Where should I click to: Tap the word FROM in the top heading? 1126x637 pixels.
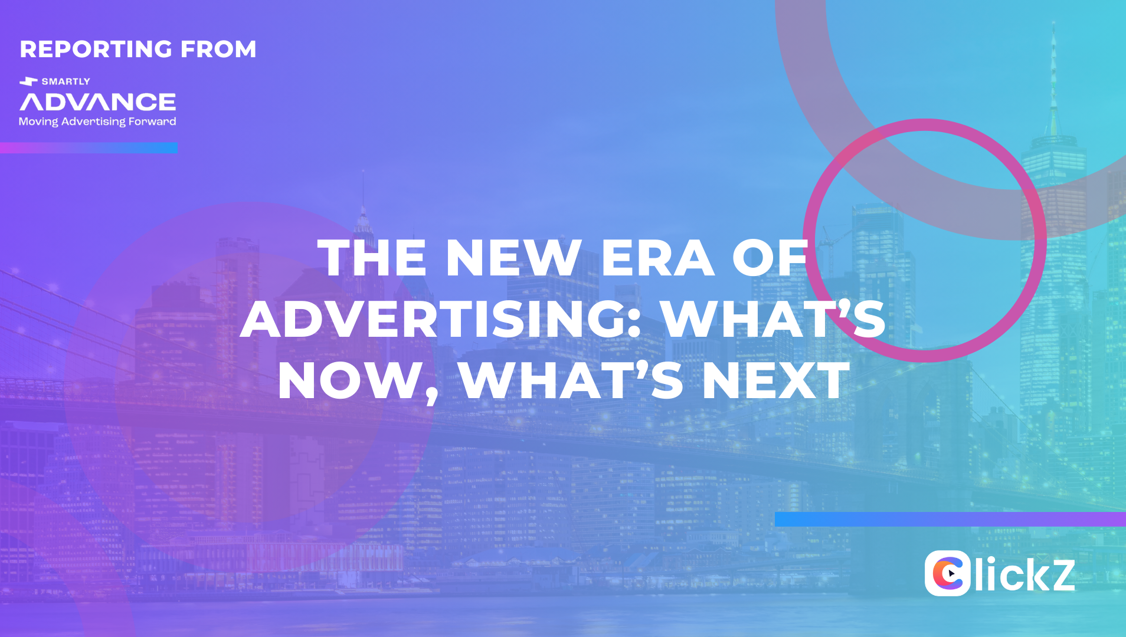pos(218,49)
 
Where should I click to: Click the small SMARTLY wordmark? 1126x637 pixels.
pos(66,81)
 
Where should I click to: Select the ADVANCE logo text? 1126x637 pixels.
pos(98,102)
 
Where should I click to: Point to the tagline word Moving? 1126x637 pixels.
pos(38,122)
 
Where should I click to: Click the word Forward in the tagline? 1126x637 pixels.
pos(152,122)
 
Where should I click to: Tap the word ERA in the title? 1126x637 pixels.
pos(657,258)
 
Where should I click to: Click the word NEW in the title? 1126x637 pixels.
pos(513,258)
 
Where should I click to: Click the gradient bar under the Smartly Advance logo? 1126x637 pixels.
pos(89,147)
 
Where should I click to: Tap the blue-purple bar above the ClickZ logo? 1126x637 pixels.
pos(950,519)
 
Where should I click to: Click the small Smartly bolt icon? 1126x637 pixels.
pos(28,81)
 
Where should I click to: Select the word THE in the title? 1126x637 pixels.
pos(372,258)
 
